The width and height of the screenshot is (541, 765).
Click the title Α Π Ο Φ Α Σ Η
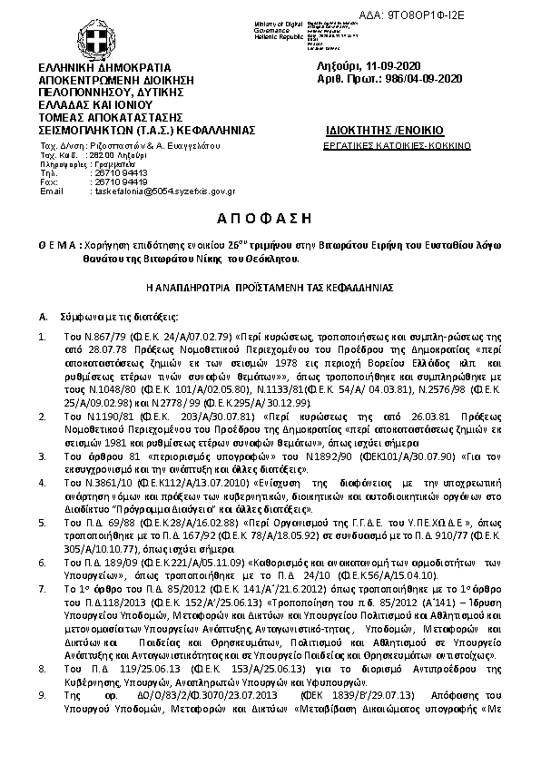270,219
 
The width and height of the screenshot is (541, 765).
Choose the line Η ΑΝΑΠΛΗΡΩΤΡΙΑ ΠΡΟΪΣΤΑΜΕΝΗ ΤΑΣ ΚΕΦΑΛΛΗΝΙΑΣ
270,285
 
